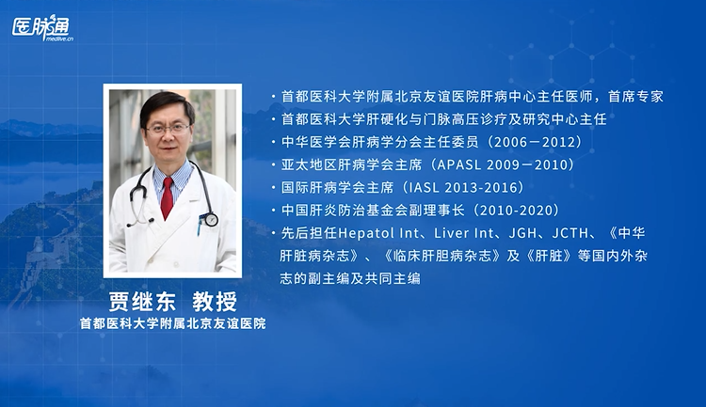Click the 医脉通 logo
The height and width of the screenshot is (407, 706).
pyautogui.click(x=42, y=28)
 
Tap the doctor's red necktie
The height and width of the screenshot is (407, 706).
pyautogui.click(x=167, y=198)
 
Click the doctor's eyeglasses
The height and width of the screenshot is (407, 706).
pyautogui.click(x=168, y=129)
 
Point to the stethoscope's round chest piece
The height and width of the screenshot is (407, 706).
pyautogui.click(x=211, y=219)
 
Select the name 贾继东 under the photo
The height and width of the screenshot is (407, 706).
pyautogui.click(x=142, y=302)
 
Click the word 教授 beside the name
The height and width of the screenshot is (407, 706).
pyautogui.click(x=215, y=302)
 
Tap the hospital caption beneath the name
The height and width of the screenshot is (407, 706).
pyautogui.click(x=173, y=323)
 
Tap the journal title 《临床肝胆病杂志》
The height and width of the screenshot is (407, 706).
pyautogui.click(x=441, y=256)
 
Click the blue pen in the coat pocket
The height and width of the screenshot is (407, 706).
pyautogui.click(x=199, y=225)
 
